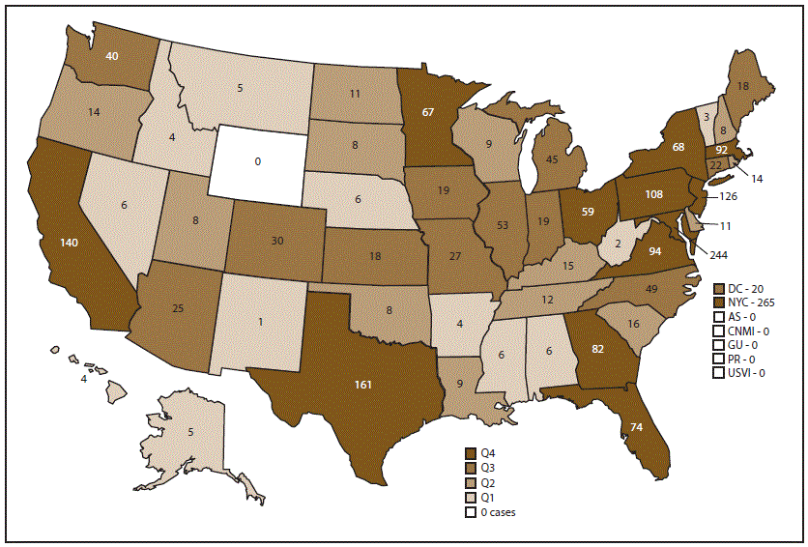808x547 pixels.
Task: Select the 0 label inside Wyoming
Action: (257, 161)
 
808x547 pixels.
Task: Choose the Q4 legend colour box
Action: (471, 452)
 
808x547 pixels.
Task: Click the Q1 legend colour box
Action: (471, 498)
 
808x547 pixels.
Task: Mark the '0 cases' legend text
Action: (498, 513)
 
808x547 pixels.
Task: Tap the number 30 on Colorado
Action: (277, 242)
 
